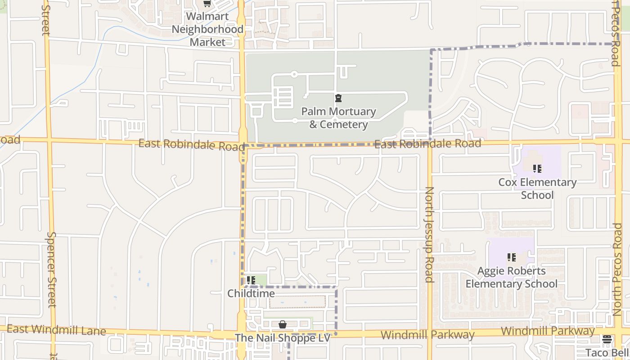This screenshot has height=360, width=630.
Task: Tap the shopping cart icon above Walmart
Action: click(207, 4)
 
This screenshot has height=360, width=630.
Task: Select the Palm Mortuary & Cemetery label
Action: click(338, 118)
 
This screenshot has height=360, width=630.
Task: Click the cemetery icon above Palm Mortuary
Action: click(338, 98)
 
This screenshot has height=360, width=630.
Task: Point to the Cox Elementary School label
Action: click(537, 189)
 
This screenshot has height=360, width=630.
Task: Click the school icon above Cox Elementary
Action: click(537, 169)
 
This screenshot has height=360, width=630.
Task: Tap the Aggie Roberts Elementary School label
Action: click(512, 277)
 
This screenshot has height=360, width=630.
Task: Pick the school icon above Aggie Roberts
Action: click(512, 257)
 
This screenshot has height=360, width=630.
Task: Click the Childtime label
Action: click(251, 293)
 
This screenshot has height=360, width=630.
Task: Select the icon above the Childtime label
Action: click(251, 280)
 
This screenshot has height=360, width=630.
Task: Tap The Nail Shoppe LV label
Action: click(283, 338)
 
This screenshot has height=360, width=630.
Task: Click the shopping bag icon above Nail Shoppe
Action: click(283, 324)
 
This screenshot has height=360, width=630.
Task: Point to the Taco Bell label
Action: click(607, 352)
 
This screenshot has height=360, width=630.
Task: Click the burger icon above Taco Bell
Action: click(607, 339)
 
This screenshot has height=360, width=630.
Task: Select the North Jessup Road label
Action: click(429, 234)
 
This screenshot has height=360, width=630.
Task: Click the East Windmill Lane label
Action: click(56, 330)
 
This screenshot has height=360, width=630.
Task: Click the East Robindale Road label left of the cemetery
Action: click(191, 145)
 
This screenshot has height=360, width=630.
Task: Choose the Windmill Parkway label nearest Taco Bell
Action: click(547, 331)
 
